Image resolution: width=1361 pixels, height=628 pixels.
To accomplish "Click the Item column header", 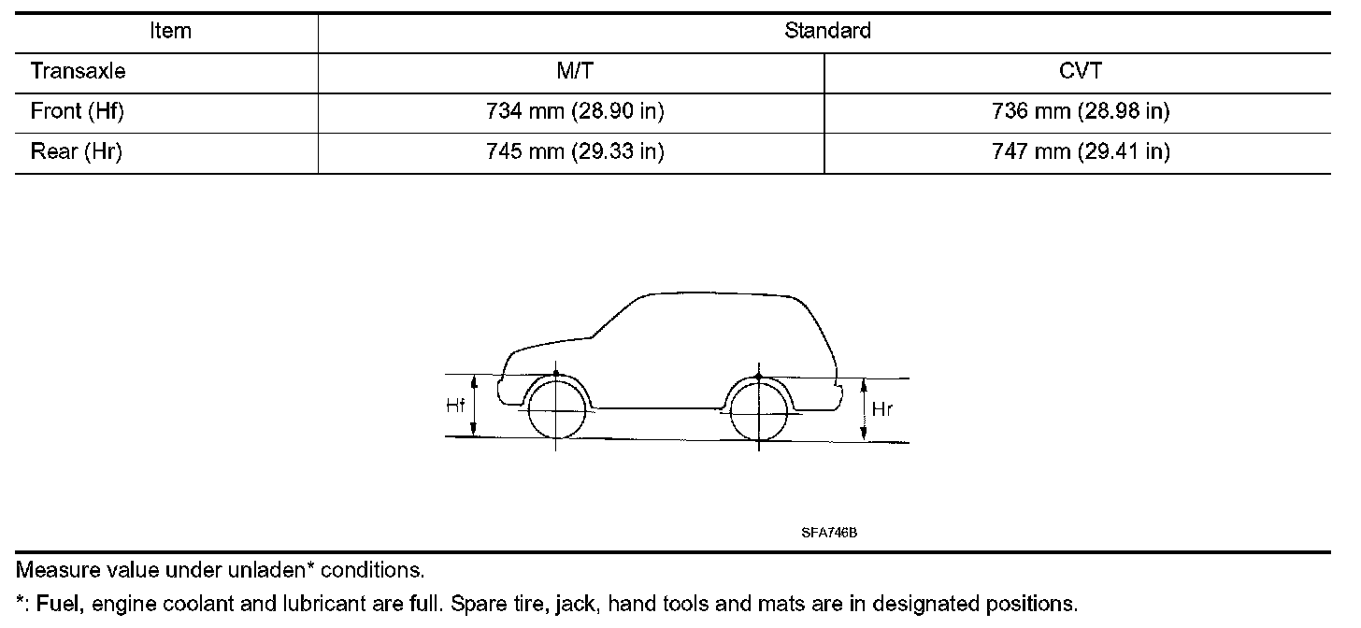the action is (x=170, y=31).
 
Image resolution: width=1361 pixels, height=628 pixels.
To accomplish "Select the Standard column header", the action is (x=827, y=31).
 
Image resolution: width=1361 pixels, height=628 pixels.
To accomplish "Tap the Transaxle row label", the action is (x=78, y=71).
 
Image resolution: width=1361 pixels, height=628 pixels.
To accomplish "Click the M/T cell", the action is (x=573, y=71).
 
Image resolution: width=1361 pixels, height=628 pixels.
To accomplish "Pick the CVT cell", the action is (x=1080, y=71).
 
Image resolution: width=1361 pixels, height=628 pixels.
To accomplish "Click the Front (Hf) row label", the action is (x=78, y=112).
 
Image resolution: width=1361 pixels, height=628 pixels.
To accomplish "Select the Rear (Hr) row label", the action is (x=77, y=152).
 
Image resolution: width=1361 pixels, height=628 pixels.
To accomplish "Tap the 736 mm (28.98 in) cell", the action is (x=1081, y=112).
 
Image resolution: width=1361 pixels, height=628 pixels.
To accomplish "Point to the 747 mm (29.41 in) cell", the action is (x=1081, y=152).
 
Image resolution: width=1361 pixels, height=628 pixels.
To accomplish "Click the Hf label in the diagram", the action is (x=455, y=406).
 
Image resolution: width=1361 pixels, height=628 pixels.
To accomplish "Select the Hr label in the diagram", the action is (x=882, y=408).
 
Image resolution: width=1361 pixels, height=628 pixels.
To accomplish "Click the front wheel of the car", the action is (x=556, y=410).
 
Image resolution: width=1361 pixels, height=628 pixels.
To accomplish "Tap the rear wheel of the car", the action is (x=758, y=412).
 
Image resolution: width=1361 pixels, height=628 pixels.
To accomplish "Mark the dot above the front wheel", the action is (x=556, y=374).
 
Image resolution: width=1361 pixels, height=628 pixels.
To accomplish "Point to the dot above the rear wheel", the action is (x=758, y=377).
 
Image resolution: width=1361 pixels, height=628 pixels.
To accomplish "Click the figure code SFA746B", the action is (x=829, y=533).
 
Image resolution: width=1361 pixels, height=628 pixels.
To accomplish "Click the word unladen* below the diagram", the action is (x=266, y=569).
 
